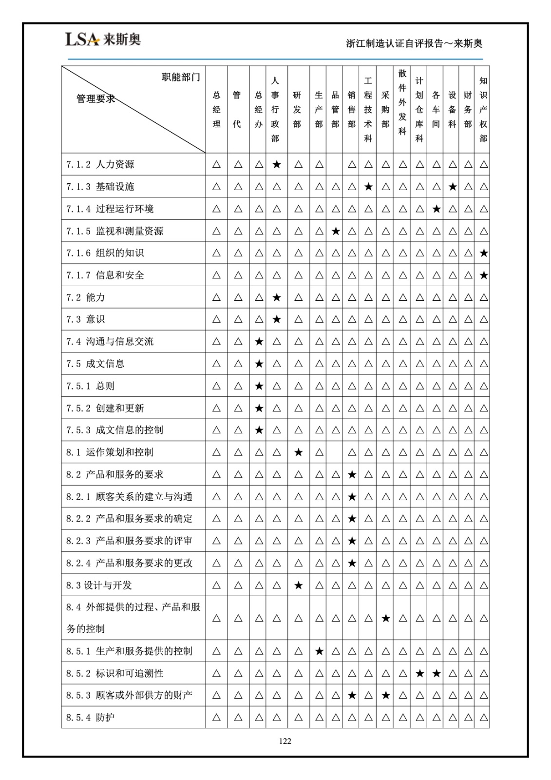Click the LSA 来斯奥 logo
tap(103, 39)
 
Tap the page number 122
tap(285, 741)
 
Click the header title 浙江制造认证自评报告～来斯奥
tap(414, 43)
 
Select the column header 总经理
tap(216, 110)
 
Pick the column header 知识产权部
tap(483, 110)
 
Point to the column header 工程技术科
tap(368, 110)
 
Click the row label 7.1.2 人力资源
tap(100, 164)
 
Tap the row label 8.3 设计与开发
tap(99, 585)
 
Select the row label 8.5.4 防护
tap(91, 717)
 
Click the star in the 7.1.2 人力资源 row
tap(276, 164)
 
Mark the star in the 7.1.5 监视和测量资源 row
tap(335, 231)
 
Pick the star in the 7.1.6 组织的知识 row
tap(483, 253)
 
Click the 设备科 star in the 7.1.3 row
tap(453, 186)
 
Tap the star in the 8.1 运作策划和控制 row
tap(298, 452)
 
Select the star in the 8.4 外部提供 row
tap(385, 618)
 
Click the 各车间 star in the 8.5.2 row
tap(436, 673)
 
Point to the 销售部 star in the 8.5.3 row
tap(352, 695)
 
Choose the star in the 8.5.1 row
tap(319, 651)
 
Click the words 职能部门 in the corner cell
tap(181, 77)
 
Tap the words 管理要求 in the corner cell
tap(95, 99)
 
